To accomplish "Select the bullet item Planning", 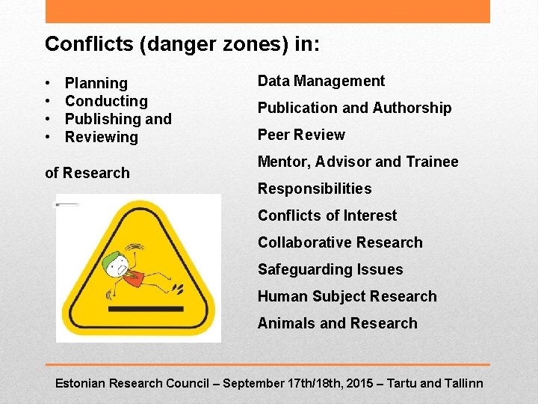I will (x=96, y=83).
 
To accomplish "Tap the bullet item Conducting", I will (x=106, y=101).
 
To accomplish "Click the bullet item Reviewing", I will (x=102, y=137).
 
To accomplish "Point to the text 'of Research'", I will (x=87, y=173).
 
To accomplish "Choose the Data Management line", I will (x=321, y=81).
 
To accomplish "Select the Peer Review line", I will (x=301, y=135).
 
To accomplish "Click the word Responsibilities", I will (x=315, y=189).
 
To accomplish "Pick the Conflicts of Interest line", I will (x=327, y=215).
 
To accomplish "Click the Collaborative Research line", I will (x=340, y=242).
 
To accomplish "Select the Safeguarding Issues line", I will (x=330, y=269).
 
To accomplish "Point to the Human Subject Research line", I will (x=347, y=296).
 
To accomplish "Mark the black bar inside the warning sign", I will (x=145, y=308).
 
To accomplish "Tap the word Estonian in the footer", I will (x=81, y=383).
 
